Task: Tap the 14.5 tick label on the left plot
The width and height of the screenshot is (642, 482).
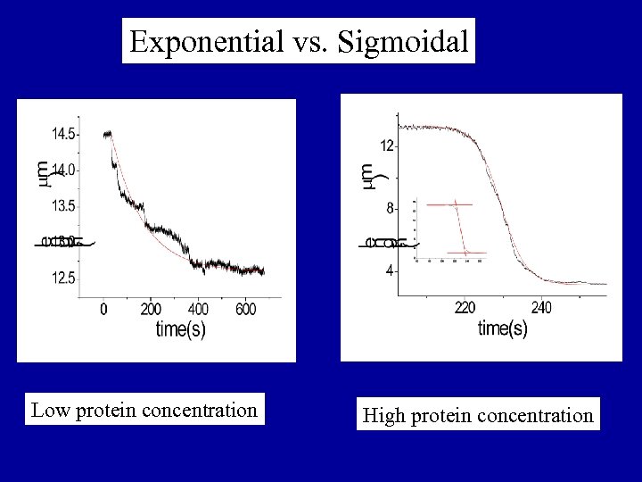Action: [x=63, y=134]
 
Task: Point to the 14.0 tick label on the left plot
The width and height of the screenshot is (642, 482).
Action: [x=63, y=170]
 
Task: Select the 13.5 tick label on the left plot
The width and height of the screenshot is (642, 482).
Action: [x=63, y=206]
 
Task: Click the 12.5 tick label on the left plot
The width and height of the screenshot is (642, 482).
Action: [x=63, y=278]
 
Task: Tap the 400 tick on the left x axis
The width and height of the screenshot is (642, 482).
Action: [x=198, y=309]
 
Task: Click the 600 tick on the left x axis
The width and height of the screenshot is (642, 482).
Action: [x=245, y=309]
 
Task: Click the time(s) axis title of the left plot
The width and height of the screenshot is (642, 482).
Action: [x=181, y=329]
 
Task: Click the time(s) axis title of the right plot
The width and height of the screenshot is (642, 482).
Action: [x=503, y=328]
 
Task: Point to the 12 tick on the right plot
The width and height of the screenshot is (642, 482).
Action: [x=387, y=145]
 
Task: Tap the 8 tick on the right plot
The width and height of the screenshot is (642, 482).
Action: [x=390, y=208]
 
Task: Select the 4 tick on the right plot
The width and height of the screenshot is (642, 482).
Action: [x=390, y=271]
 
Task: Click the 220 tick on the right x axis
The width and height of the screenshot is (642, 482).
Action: [x=465, y=307]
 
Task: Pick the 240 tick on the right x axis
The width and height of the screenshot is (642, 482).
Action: [x=541, y=307]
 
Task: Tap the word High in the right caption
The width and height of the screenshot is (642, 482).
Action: [x=383, y=415]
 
